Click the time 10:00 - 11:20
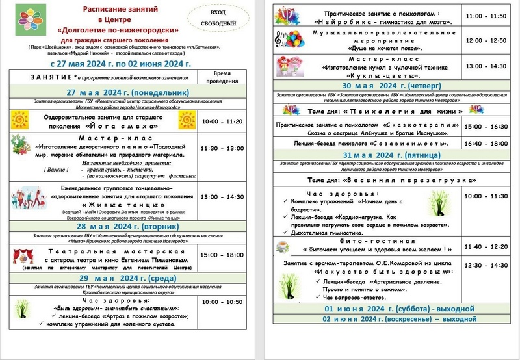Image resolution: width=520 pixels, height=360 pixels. click(x=222, y=121)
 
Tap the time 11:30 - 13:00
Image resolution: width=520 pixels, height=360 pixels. click(x=222, y=148)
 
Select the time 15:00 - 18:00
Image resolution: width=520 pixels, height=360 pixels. click(x=222, y=255)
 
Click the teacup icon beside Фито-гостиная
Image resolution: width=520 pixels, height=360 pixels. click(x=283, y=246)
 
